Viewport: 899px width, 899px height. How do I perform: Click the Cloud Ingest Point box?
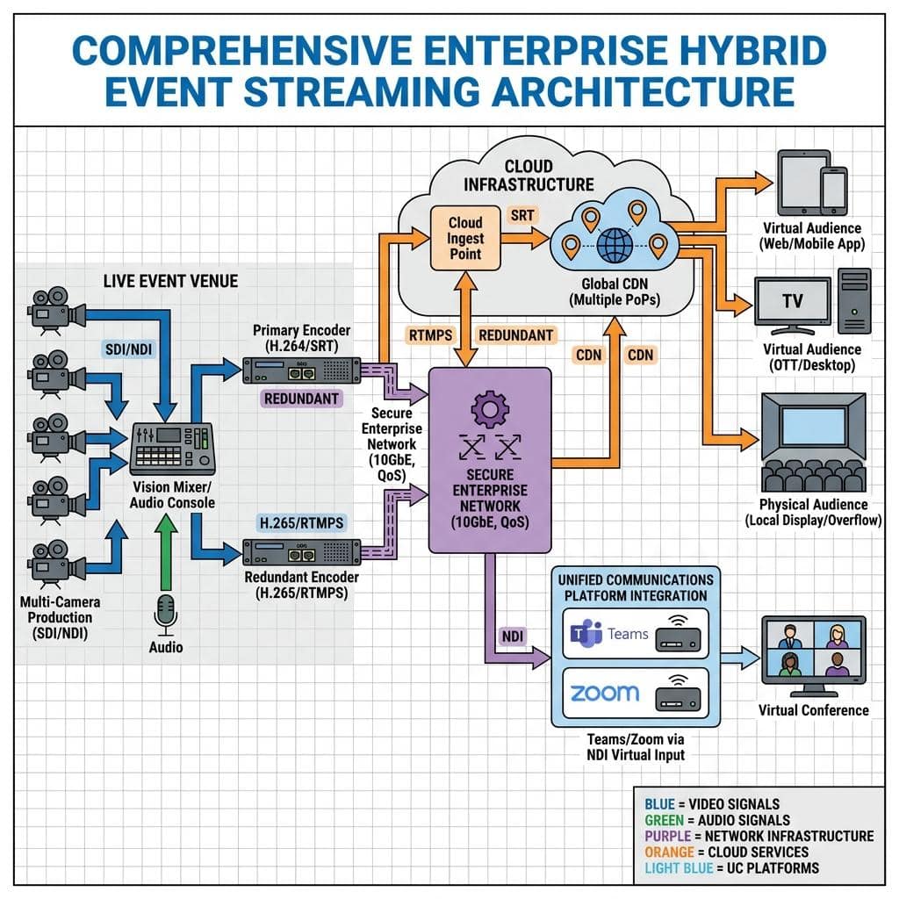pos(465,238)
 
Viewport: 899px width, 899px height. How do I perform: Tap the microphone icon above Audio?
pos(166,613)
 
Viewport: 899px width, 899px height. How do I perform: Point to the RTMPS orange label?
pos(430,334)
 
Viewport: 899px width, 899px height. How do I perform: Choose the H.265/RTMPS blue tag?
pos(302,523)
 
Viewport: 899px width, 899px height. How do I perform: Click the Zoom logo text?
pos(605,693)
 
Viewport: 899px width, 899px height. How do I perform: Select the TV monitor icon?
pos(792,303)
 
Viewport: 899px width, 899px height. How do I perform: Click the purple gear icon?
pos(490,409)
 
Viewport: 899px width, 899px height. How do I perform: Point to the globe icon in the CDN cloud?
pos(622,241)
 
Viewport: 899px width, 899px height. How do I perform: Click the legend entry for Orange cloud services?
pos(726,852)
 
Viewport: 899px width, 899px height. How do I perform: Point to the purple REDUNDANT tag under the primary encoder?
pos(301,399)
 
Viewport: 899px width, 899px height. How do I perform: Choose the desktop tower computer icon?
pos(853,300)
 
